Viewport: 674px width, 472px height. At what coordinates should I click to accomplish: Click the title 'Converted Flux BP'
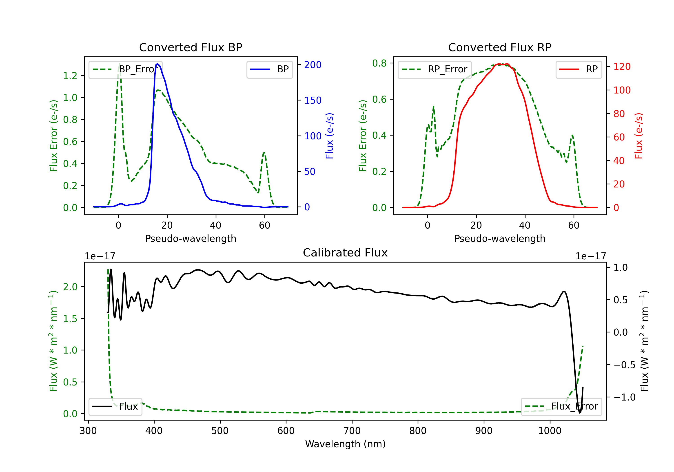pos(191,47)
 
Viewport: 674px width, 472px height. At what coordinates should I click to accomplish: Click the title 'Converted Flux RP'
pos(500,47)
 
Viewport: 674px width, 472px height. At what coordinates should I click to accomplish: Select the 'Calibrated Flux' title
pos(345,253)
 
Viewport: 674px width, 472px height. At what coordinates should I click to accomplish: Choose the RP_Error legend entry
pos(435,69)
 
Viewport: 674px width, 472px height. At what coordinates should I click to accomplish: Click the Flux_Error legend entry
pos(561,407)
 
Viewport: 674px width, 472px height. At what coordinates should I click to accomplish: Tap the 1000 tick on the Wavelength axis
pos(550,431)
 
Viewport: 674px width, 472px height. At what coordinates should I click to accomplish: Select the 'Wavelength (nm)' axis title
pos(345,444)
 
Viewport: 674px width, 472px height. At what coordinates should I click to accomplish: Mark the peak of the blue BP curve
pos(158,64)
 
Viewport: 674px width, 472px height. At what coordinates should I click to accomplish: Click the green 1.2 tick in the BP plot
pos(70,76)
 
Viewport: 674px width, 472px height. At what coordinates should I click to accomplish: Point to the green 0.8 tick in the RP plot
pos(379,63)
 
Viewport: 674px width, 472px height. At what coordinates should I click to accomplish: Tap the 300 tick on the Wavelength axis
pos(88,431)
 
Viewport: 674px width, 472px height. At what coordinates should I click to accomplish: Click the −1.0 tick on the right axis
pos(624,397)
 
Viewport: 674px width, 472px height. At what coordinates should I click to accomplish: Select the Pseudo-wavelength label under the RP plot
pos(500,238)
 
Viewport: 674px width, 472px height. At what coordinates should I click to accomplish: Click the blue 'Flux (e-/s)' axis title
pos(329,136)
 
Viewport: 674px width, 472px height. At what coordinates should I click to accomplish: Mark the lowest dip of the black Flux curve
pos(580,413)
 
